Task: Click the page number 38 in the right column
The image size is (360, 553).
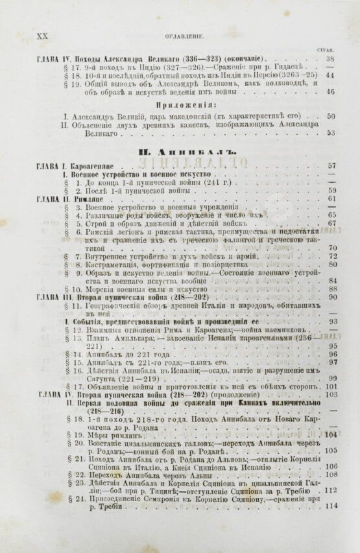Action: tap(330, 58)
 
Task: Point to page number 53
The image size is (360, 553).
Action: tap(330, 133)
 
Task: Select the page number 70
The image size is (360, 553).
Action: tap(331, 248)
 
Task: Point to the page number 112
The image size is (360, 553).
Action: tap(331, 491)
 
